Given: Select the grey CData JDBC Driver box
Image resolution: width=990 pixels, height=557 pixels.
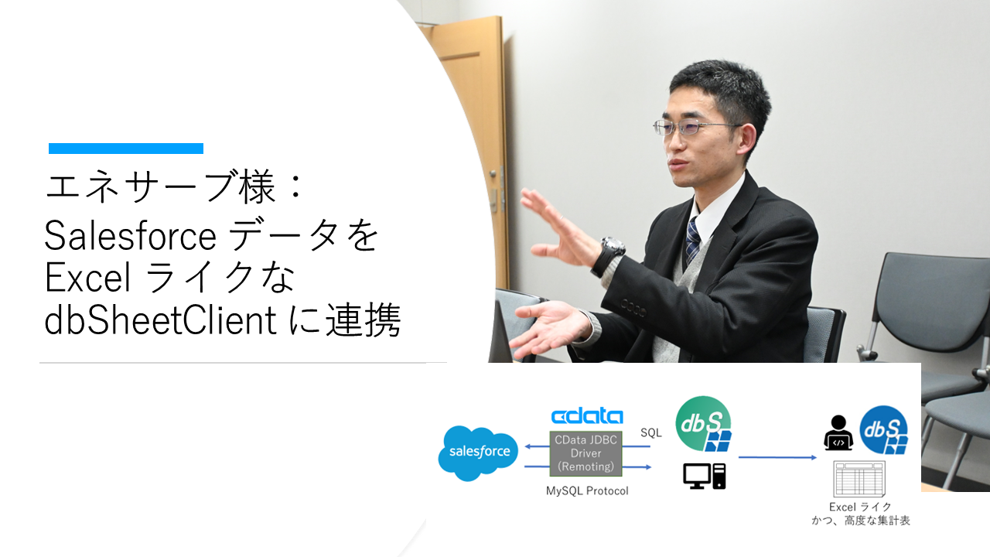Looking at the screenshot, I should (x=585, y=453).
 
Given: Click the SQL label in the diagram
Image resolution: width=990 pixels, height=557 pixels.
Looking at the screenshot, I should (x=651, y=433).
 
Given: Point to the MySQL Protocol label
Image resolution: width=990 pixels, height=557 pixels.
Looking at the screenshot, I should (x=587, y=491).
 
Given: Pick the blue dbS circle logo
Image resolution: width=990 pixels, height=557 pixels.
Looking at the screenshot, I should (x=883, y=429).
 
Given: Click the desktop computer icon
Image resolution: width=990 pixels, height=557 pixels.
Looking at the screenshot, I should (x=704, y=476).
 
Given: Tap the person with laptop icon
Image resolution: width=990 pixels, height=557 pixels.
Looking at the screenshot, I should (x=838, y=433).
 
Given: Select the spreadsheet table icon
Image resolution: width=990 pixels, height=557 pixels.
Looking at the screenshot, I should (x=859, y=479).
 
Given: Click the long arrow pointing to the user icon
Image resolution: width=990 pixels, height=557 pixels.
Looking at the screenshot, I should (x=777, y=457).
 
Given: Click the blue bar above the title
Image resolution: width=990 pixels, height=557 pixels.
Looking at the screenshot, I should (x=126, y=149).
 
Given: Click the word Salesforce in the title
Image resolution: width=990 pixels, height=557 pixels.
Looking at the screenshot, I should (x=129, y=235).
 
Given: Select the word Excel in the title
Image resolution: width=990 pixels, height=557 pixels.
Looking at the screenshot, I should (x=87, y=278).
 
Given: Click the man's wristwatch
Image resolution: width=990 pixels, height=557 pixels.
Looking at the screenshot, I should (x=611, y=251).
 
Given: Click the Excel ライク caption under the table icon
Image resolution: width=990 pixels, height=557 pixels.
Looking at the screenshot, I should (x=859, y=507).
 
